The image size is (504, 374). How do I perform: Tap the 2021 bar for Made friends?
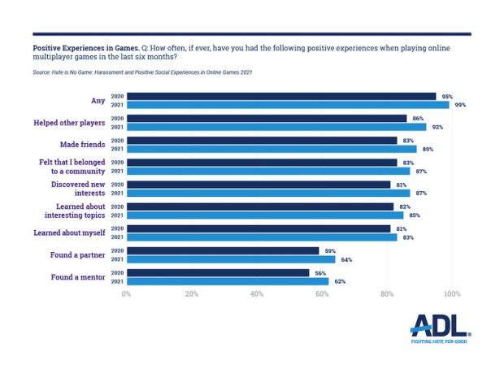[x=272, y=149]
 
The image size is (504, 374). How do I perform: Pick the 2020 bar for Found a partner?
[x=223, y=250]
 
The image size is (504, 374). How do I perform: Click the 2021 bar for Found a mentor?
[x=228, y=281]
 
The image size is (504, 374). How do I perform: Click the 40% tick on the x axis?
[x=257, y=294]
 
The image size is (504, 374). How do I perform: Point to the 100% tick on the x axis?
[x=452, y=294]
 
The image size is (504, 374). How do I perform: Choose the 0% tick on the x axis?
[x=126, y=294]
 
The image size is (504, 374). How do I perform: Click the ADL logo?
[x=439, y=327]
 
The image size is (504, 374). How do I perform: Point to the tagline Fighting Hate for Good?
[x=439, y=342]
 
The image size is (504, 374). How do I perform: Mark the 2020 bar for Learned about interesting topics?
[x=260, y=206]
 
